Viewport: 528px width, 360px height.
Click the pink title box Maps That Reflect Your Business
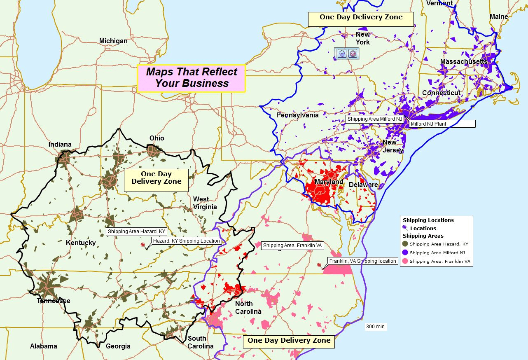pyautogui.click(x=191, y=78)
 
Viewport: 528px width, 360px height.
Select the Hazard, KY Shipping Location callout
pyautogui.click(x=186, y=241)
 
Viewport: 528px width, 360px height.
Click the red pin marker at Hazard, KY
pyautogui.click(x=143, y=245)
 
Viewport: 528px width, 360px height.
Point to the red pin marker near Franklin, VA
pyautogui.click(x=319, y=265)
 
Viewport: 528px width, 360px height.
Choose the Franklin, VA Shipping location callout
pyautogui.click(x=362, y=261)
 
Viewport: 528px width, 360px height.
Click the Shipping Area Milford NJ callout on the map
pyautogui.click(x=374, y=119)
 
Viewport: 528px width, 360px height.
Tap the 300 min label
pyautogui.click(x=375, y=327)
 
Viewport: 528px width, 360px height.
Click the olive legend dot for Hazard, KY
pyautogui.click(x=405, y=244)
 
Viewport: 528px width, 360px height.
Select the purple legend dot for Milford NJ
pyautogui.click(x=405, y=252)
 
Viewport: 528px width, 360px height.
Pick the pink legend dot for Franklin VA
pyautogui.click(x=405, y=261)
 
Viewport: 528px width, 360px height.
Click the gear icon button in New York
pyautogui.click(x=341, y=53)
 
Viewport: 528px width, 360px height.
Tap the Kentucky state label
pyautogui.click(x=81, y=243)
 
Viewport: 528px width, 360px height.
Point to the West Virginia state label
pyautogui.click(x=205, y=203)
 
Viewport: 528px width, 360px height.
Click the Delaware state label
pyautogui.click(x=363, y=185)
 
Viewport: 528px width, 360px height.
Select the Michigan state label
pyautogui.click(x=113, y=41)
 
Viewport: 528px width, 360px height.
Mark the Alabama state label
pyautogui.click(x=43, y=346)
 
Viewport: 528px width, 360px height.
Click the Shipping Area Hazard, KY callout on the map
pyautogui.click(x=136, y=231)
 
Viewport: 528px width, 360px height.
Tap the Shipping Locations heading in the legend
pyautogui.click(x=428, y=220)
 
